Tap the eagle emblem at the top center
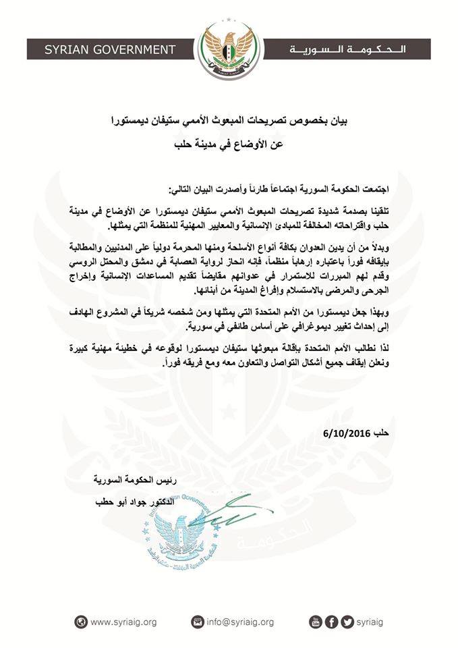228,40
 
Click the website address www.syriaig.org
123,622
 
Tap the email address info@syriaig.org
241,622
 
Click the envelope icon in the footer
198,622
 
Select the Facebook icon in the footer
331,622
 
